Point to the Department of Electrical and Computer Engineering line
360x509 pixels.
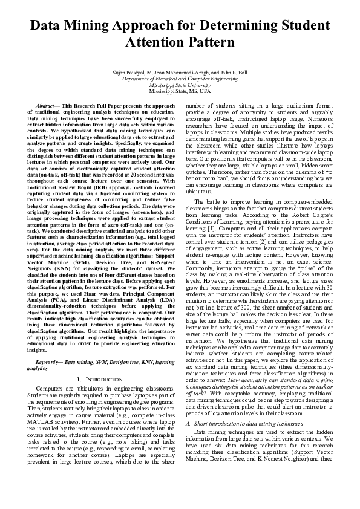click(x=180, y=79)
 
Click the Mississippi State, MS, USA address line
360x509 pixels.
click(x=180, y=91)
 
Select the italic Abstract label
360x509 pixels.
click(x=48, y=105)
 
